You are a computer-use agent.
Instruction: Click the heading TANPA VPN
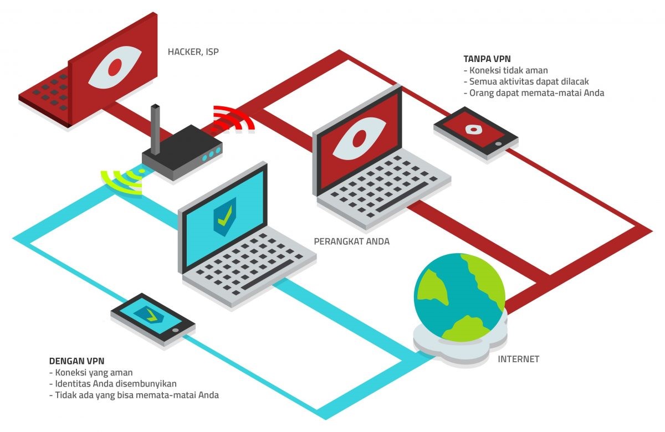point(486,58)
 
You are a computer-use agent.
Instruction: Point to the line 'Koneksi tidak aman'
point(508,70)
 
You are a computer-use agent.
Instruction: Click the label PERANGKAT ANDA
point(352,241)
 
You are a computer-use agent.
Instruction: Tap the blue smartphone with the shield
point(152,318)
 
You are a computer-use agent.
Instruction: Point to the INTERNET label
point(519,359)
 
